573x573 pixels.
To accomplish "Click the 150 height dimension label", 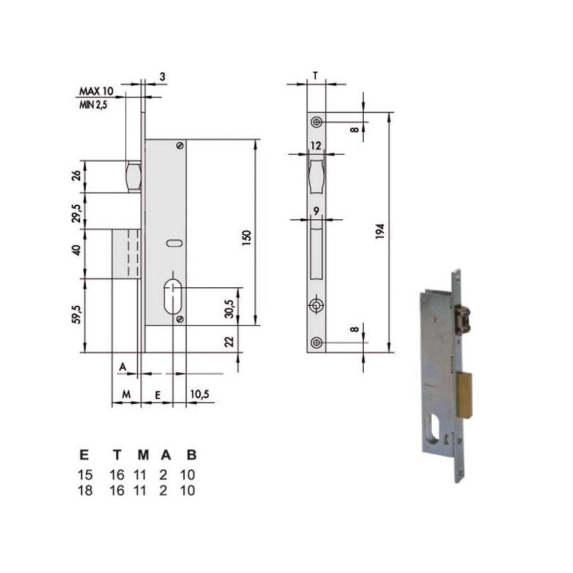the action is (x=247, y=238).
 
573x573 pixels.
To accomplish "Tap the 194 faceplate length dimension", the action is (x=380, y=231).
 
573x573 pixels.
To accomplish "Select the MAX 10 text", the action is (x=97, y=91).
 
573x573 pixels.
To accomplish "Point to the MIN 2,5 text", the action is (x=94, y=105).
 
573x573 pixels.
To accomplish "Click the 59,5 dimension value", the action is (x=77, y=314).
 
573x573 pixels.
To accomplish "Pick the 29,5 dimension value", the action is (x=77, y=213).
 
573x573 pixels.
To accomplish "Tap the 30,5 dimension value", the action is (x=229, y=309).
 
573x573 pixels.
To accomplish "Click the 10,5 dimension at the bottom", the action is (x=200, y=394).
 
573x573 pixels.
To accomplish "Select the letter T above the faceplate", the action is (x=315, y=76).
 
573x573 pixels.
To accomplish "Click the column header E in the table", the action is (x=84, y=455).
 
